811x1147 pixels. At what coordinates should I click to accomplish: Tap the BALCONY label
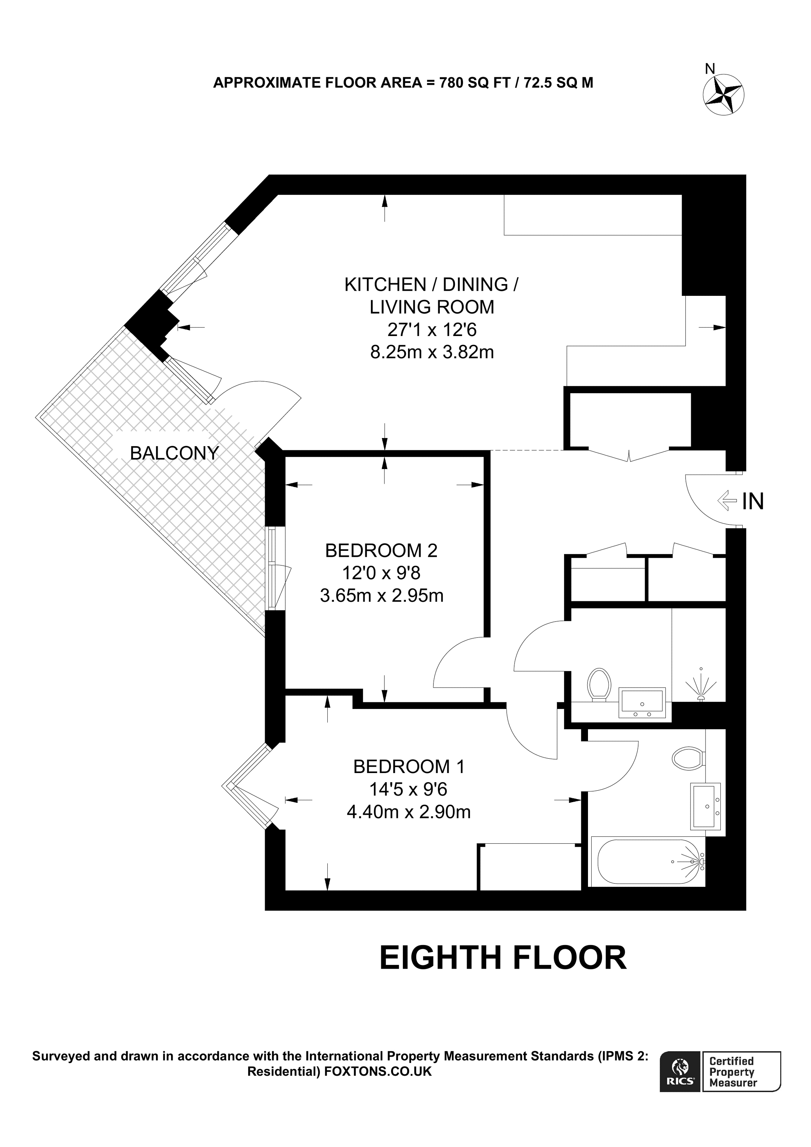click(174, 453)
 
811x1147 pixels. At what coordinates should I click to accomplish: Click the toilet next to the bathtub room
click(688, 758)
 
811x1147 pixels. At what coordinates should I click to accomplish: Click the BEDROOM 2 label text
click(381, 550)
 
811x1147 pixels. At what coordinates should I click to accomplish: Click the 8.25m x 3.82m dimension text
click(432, 352)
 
